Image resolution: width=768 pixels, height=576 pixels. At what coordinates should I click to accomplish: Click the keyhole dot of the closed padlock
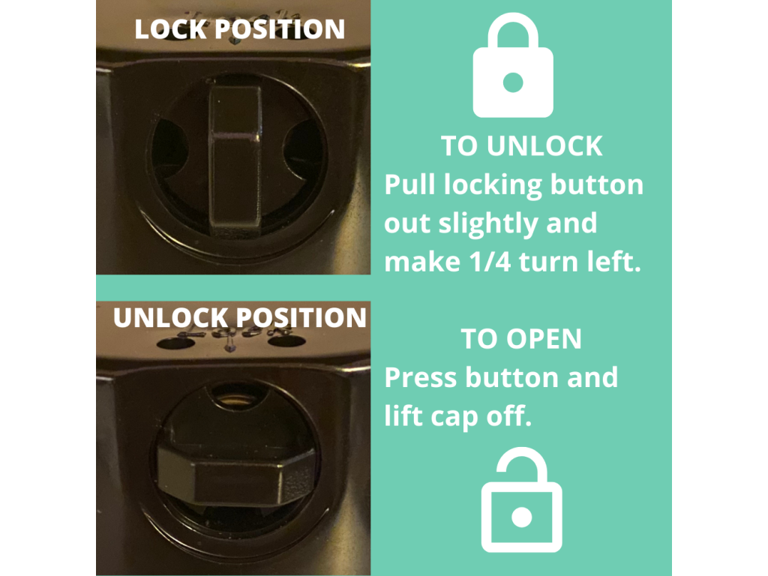(x=513, y=82)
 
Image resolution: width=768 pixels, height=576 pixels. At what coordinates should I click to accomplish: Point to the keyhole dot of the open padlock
(x=522, y=517)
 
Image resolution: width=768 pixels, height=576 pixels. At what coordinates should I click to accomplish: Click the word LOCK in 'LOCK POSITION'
(x=170, y=29)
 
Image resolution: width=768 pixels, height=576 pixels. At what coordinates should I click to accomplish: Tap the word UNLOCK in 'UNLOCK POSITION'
(x=166, y=318)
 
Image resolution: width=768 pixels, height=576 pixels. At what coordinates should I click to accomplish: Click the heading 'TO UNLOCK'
(x=522, y=146)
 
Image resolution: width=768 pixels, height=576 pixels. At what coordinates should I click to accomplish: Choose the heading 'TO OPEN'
(x=521, y=339)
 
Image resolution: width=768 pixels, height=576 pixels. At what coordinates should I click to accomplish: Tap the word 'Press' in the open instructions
(x=421, y=378)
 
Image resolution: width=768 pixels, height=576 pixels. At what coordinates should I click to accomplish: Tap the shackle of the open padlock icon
(x=522, y=465)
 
